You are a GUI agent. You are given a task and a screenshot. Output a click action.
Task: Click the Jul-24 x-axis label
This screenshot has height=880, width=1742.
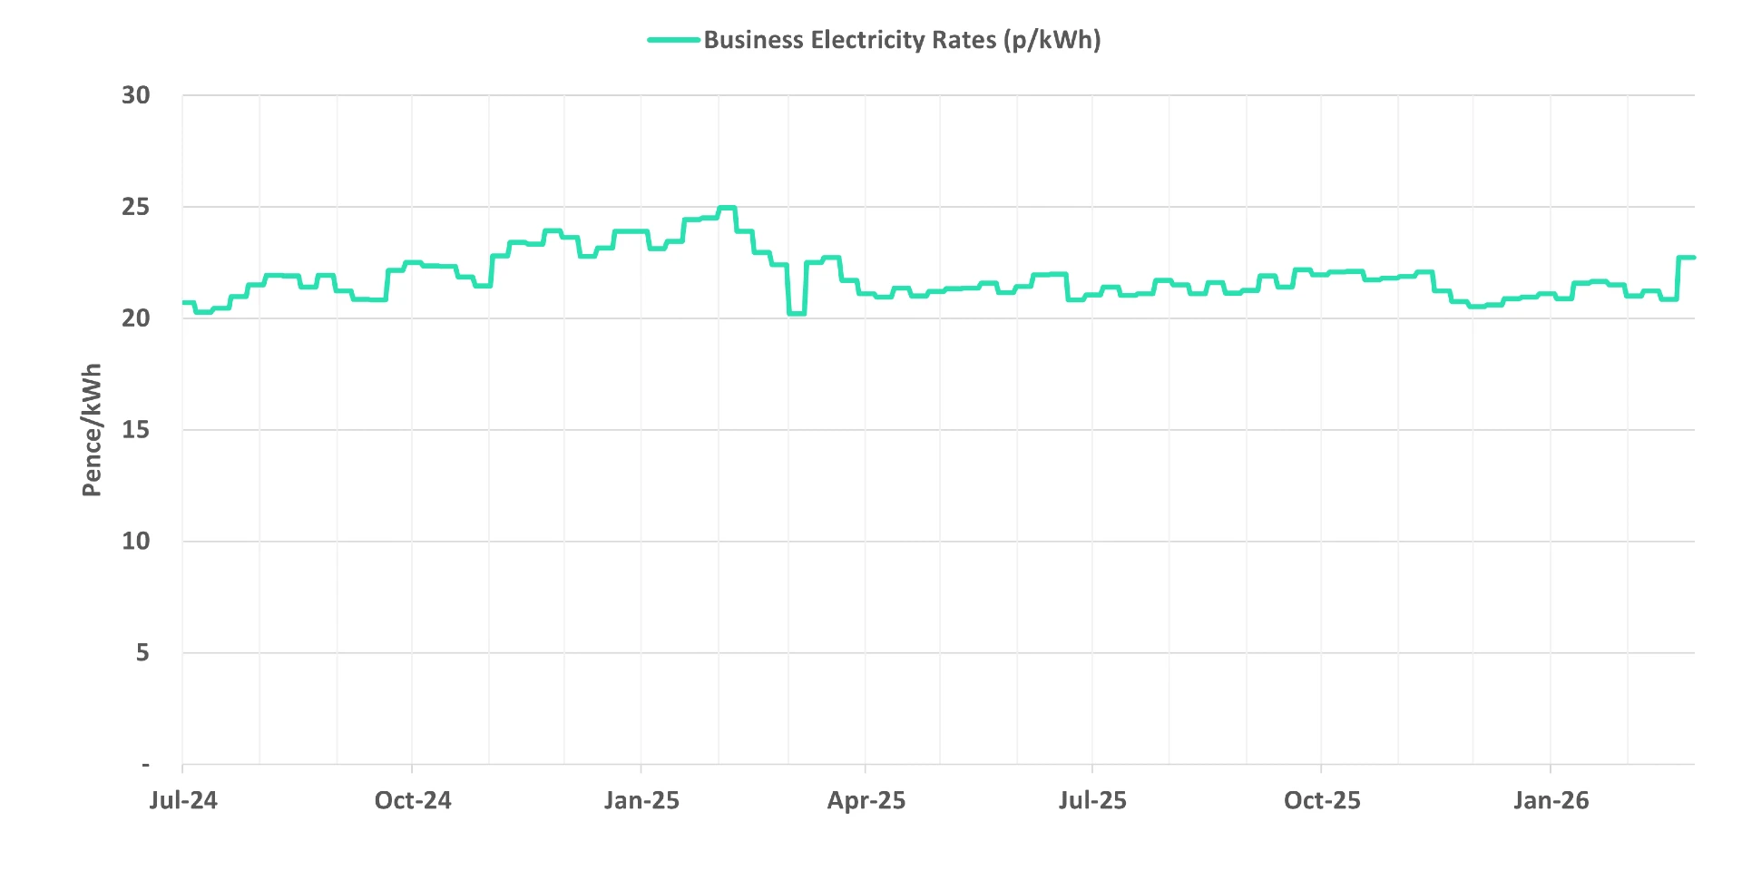(x=183, y=800)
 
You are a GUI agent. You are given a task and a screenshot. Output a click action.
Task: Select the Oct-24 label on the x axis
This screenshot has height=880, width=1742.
(x=413, y=800)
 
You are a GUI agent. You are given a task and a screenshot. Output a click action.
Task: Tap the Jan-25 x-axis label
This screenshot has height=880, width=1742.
(x=641, y=800)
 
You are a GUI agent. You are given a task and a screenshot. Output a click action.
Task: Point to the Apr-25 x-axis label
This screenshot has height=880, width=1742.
(x=866, y=800)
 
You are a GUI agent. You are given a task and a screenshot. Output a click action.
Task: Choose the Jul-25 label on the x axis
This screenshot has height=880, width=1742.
(x=1092, y=800)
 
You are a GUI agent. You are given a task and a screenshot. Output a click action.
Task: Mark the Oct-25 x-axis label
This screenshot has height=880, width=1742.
(x=1322, y=800)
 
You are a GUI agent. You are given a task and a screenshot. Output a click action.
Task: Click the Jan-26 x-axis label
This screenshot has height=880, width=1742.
(x=1551, y=800)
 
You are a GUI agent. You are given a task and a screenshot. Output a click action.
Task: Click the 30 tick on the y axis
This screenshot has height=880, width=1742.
(x=136, y=95)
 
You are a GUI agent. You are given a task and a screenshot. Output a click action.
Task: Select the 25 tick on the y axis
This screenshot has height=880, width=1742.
(x=136, y=207)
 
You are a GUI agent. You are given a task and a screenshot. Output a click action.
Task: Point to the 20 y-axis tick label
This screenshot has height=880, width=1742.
(x=136, y=318)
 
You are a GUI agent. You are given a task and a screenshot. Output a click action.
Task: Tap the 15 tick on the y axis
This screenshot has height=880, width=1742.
(x=136, y=430)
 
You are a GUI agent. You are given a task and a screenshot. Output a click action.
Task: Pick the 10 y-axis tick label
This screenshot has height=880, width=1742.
(x=136, y=542)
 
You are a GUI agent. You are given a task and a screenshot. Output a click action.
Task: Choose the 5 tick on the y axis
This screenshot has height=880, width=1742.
(x=142, y=653)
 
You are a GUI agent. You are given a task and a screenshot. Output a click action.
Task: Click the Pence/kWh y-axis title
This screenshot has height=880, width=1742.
(x=92, y=430)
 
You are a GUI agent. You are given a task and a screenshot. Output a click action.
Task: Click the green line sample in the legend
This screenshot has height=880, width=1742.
(x=673, y=40)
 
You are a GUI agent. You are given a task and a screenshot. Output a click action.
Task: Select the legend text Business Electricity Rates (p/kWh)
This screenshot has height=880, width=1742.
(x=902, y=40)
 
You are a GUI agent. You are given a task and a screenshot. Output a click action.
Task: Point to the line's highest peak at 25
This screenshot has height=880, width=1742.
(x=727, y=208)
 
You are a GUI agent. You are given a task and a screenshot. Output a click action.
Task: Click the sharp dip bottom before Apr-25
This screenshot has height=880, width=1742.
(x=797, y=313)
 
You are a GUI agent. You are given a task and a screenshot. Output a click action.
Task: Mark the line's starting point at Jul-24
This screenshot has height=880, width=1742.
(x=184, y=302)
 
